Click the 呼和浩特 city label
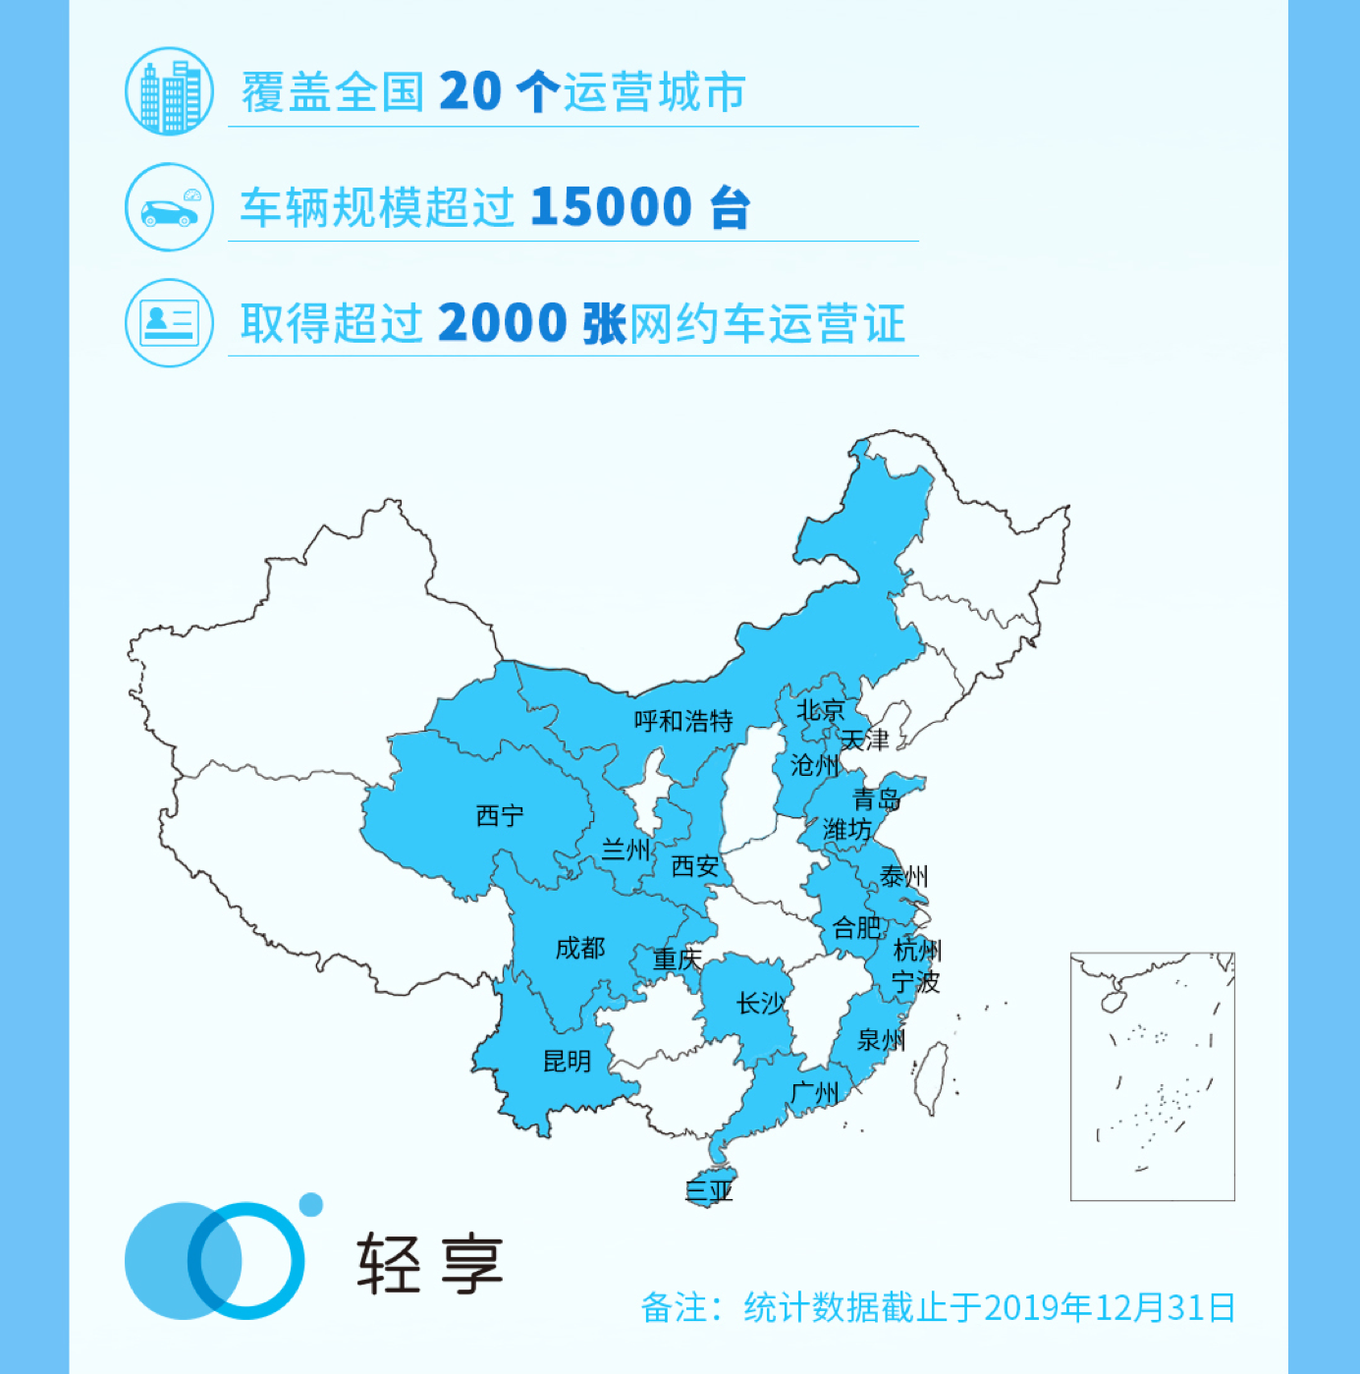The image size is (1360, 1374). [x=683, y=721]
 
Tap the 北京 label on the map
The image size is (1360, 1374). [x=820, y=709]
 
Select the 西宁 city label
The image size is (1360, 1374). [x=500, y=815]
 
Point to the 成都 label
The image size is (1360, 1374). [x=580, y=948]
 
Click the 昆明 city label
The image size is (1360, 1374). [x=567, y=1061]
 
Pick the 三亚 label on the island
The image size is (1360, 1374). [x=709, y=1191]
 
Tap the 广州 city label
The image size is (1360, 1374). [x=815, y=1092]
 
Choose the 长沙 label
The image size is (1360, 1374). [x=761, y=1003]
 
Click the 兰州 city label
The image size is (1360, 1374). [x=626, y=850]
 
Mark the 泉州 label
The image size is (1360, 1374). [x=881, y=1040]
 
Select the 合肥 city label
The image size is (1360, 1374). [x=856, y=927]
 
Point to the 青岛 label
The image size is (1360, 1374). [x=877, y=798]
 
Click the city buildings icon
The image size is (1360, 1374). [x=169, y=92]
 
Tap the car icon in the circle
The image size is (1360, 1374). [x=169, y=207]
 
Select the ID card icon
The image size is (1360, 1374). [x=169, y=322]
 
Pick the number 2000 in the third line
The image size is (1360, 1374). [x=503, y=323]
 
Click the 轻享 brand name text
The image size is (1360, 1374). [x=430, y=1263]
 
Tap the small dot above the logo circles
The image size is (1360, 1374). [x=311, y=1205]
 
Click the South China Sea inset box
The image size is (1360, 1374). [x=1152, y=1075]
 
